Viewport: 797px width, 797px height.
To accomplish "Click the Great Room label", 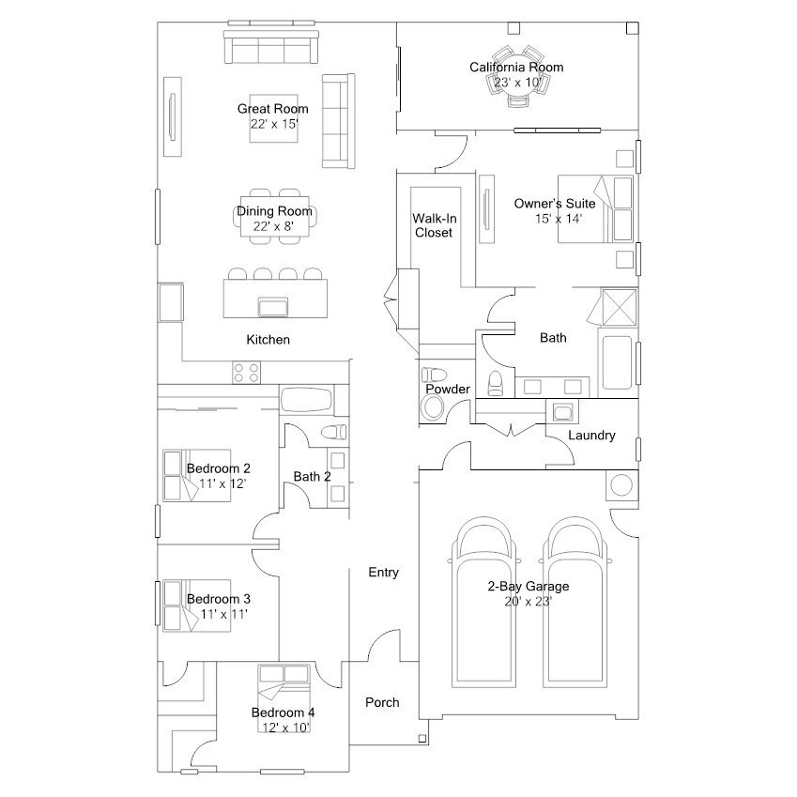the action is pyautogui.click(x=273, y=109).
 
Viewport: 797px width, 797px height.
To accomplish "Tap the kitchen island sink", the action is pyautogui.click(x=273, y=307).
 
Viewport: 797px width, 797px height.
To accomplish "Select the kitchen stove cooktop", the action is pyautogui.click(x=247, y=372).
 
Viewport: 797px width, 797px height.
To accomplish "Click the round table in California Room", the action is pyautogui.click(x=516, y=77).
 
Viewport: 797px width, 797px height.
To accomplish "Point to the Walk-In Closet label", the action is pyautogui.click(x=434, y=225).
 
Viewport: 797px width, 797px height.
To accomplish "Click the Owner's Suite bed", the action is pyautogui.click(x=595, y=209).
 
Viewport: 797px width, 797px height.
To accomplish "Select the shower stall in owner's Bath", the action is pyautogui.click(x=619, y=307).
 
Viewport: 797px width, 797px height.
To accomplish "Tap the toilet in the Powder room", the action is pyautogui.click(x=434, y=376).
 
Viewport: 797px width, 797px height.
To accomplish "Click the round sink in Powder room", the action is pyautogui.click(x=433, y=407).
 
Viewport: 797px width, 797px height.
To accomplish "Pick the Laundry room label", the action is pyautogui.click(x=591, y=435).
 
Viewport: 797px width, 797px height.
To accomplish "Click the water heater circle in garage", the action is pyautogui.click(x=621, y=485).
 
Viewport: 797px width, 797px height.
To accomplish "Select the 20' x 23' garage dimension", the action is pyautogui.click(x=529, y=602).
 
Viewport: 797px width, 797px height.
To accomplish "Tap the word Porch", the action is pyautogui.click(x=382, y=702).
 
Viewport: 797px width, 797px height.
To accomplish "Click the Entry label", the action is pyautogui.click(x=383, y=573).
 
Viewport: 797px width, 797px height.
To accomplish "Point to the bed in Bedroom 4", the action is pyautogui.click(x=284, y=697).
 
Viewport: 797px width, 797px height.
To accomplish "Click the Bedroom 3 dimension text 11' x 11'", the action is pyautogui.click(x=223, y=614).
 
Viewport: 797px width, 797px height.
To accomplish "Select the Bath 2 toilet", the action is pyautogui.click(x=334, y=433).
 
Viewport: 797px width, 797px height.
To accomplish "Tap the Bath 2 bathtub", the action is pyautogui.click(x=306, y=400).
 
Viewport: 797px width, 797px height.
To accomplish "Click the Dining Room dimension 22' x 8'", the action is pyautogui.click(x=273, y=226).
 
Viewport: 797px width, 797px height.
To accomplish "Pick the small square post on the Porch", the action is pyautogui.click(x=421, y=739).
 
